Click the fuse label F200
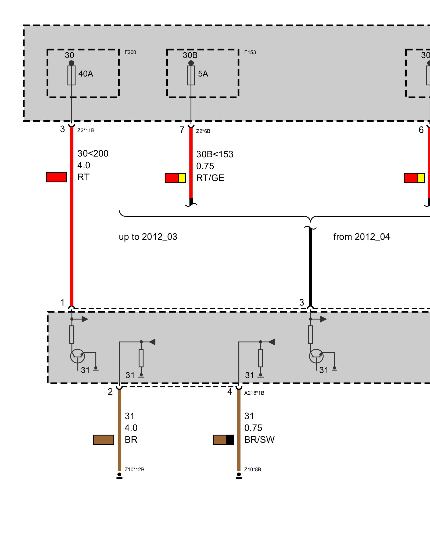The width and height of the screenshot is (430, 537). [x=130, y=52]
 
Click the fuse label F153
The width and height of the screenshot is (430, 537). [x=250, y=52]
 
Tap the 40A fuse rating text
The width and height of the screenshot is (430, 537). [x=86, y=74]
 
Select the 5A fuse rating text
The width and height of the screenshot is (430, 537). [x=203, y=74]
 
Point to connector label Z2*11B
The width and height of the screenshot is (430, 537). [x=86, y=130]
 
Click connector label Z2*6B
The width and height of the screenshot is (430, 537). [x=203, y=131]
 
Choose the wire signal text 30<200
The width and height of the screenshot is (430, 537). [x=93, y=154]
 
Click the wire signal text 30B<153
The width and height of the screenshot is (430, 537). [x=214, y=154]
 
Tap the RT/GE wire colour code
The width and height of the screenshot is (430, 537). [x=210, y=178]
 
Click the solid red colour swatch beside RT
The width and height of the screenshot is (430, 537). [x=56, y=177]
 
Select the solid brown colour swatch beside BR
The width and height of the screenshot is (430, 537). [x=103, y=440]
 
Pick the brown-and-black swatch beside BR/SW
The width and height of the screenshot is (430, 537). [x=223, y=440]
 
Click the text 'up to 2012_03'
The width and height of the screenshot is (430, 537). [x=148, y=237]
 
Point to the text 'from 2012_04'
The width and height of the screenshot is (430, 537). [x=361, y=237]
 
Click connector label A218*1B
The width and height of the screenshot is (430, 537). [x=254, y=393]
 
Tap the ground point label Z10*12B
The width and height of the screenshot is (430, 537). [x=134, y=470]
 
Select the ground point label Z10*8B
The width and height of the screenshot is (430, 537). [x=252, y=470]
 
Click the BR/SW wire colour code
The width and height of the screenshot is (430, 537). [x=259, y=440]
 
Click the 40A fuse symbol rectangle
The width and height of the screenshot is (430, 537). [x=71, y=75]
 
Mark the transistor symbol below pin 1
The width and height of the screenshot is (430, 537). [x=77, y=356]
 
